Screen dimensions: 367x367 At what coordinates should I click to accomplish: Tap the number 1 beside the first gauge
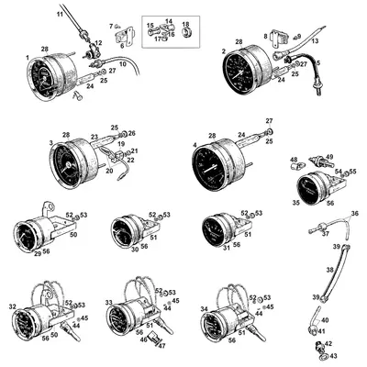pyautogui.click(x=25, y=59)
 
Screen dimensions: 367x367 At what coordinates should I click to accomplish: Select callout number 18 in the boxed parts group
pyautogui.click(x=185, y=24)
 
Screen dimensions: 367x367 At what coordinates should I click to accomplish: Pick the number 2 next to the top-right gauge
pyautogui.click(x=225, y=52)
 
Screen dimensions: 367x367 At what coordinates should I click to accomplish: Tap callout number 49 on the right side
pyautogui.click(x=329, y=157)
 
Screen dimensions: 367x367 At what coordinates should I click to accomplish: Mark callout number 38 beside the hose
pyautogui.click(x=332, y=271)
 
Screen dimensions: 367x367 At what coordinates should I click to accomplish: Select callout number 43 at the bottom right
pyautogui.click(x=333, y=355)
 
